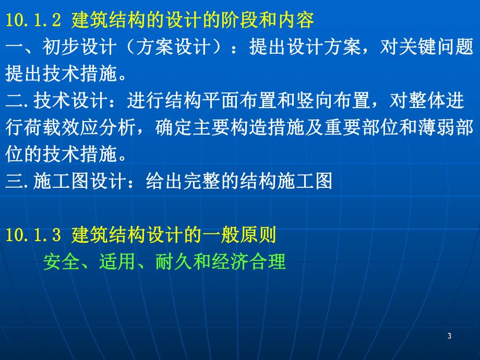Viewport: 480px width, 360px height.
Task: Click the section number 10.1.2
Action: pos(33,21)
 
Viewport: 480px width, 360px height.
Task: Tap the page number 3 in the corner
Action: pos(449,336)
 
